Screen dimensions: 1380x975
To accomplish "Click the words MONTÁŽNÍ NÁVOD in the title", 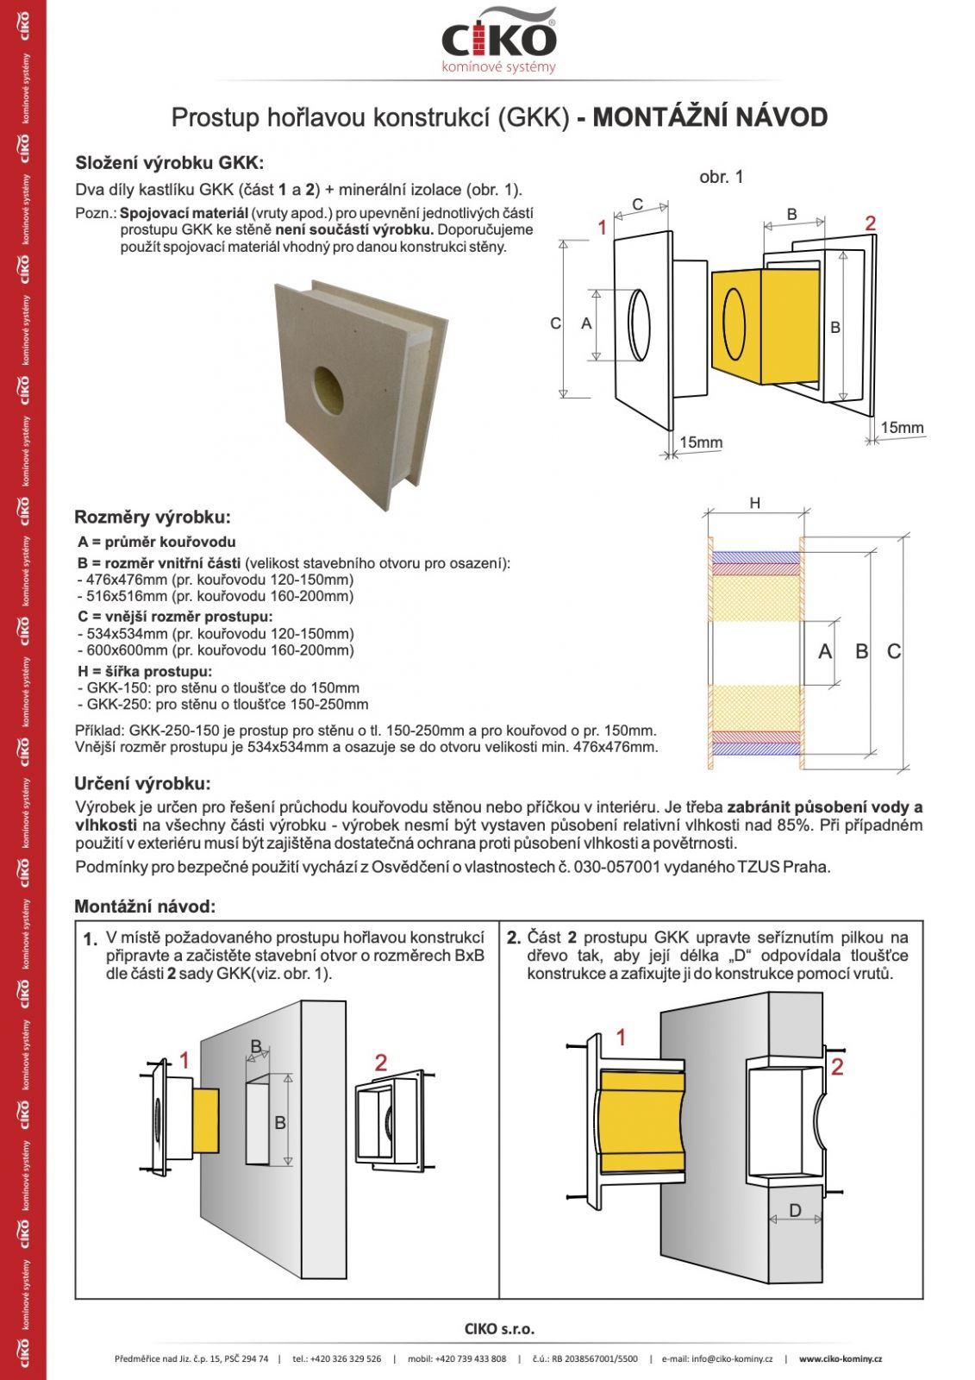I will click(x=709, y=117).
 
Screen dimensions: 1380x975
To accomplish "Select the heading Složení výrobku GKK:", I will click(x=169, y=163).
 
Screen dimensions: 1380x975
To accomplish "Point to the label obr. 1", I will click(x=721, y=177).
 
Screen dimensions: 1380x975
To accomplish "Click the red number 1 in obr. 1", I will click(x=603, y=227).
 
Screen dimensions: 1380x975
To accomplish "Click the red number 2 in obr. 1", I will click(x=871, y=223).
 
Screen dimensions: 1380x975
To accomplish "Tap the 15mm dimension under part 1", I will click(x=701, y=442).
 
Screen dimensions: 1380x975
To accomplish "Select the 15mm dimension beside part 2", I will click(x=902, y=427).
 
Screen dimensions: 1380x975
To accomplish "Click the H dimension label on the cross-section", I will click(x=755, y=503).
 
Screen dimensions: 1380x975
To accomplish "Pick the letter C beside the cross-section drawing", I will click(x=894, y=652).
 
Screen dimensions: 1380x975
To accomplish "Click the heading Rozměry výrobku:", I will click(x=153, y=517).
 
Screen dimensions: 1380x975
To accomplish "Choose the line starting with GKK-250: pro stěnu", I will click(x=222, y=705).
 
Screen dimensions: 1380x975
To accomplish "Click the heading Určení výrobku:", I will click(x=142, y=784).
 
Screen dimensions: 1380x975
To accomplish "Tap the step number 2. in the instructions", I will click(x=513, y=938).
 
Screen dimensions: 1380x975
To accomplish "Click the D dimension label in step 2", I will click(x=795, y=1211).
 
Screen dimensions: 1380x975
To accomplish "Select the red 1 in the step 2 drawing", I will click(x=621, y=1037).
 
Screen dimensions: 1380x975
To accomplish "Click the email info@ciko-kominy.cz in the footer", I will click(x=717, y=1358).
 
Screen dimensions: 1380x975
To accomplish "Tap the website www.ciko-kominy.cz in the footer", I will click(x=840, y=1358).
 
